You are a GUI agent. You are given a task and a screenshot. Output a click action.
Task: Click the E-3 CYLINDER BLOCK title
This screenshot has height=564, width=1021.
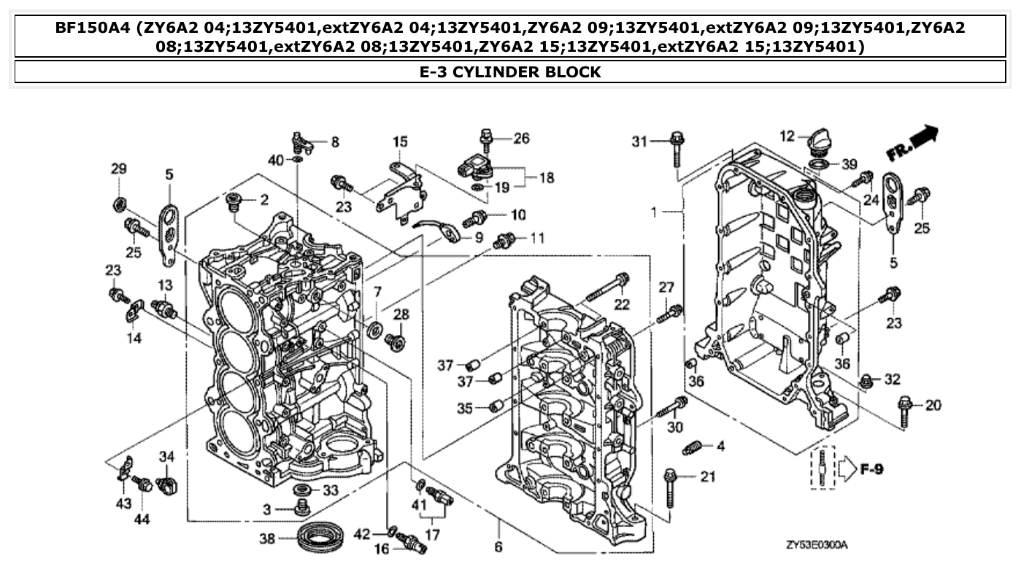[510, 72]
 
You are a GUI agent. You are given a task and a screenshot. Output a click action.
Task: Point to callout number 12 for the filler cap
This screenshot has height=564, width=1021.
[785, 136]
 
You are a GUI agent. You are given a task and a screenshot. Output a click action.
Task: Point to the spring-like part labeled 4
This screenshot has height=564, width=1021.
[693, 447]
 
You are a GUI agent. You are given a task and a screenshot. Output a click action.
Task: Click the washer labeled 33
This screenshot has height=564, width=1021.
[301, 488]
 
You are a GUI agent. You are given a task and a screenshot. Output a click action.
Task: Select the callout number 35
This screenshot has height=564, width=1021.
[465, 408]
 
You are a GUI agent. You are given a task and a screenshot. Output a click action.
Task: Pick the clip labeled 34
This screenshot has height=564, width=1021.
[168, 483]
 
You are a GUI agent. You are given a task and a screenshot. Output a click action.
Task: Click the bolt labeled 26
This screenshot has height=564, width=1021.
[487, 136]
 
